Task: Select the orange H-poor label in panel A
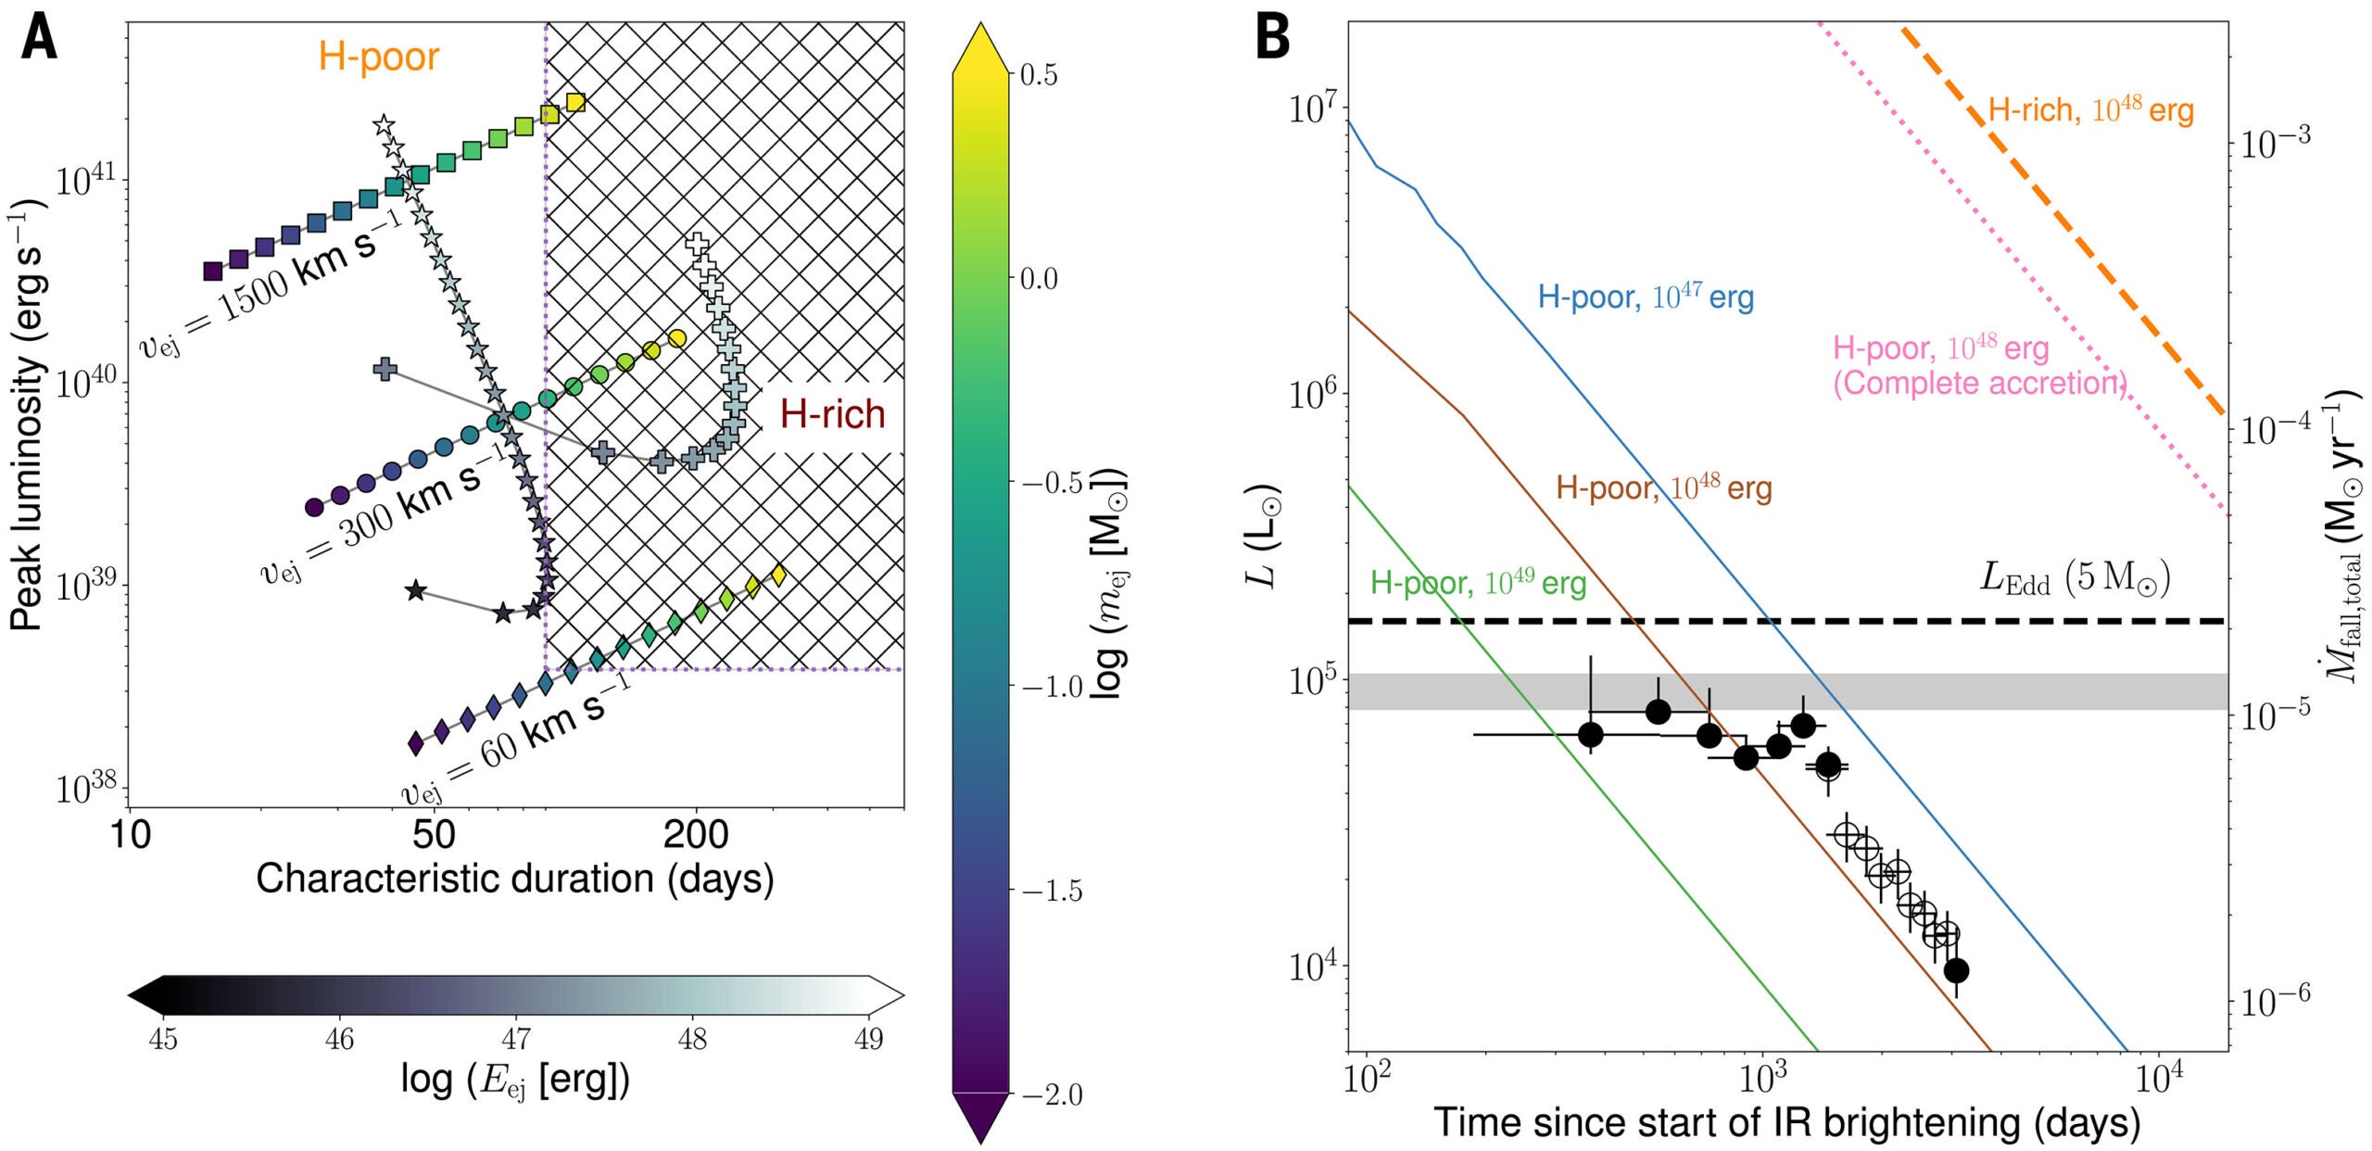pyautogui.click(x=378, y=57)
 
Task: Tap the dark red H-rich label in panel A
pyautogui.click(x=832, y=414)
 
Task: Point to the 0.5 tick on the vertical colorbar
pyautogui.click(x=1038, y=75)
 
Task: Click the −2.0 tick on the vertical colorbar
pyautogui.click(x=1051, y=1094)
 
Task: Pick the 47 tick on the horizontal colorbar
pyautogui.click(x=516, y=1039)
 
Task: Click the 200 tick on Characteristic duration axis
pyautogui.click(x=696, y=835)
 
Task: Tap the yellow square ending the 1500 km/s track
pyautogui.click(x=575, y=102)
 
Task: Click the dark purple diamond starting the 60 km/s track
pyautogui.click(x=416, y=742)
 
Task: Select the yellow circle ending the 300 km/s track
pyautogui.click(x=677, y=338)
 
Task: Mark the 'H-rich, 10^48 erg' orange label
pyautogui.click(x=2090, y=110)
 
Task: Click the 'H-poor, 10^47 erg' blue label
pyautogui.click(x=1646, y=297)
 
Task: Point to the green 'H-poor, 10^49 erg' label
pyautogui.click(x=1478, y=583)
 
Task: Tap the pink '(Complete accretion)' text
pyautogui.click(x=1979, y=384)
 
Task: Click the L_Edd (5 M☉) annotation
pyautogui.click(x=2075, y=578)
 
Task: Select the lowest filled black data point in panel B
pyautogui.click(x=1956, y=970)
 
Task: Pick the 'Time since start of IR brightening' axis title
pyautogui.click(x=1786, y=1122)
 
